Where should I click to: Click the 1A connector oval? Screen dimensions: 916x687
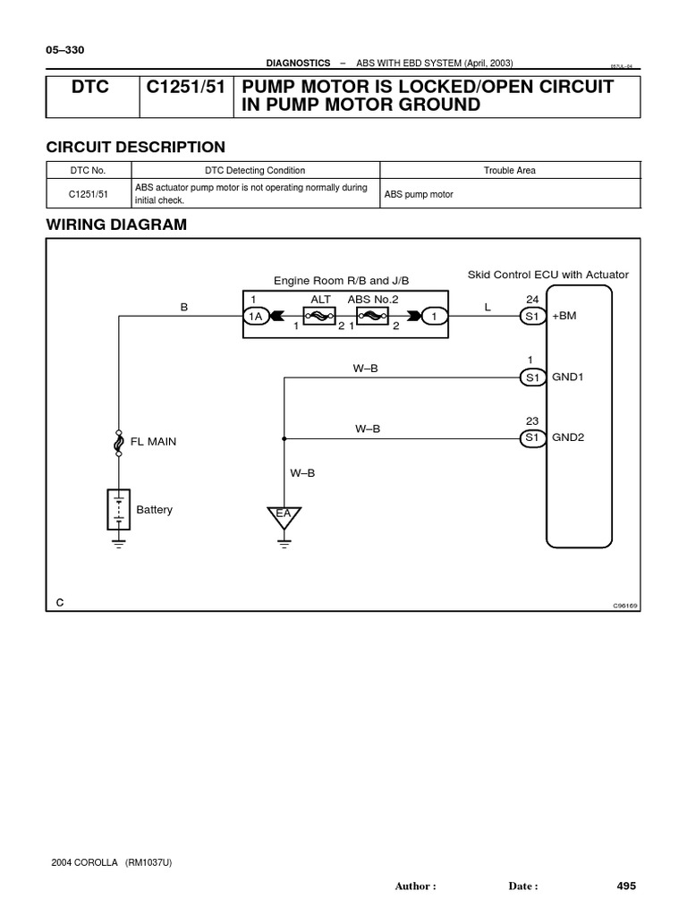[255, 316]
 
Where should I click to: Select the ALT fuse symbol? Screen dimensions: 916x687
[320, 316]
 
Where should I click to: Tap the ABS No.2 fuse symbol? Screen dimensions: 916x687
[370, 316]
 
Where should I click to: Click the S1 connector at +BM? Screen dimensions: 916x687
[533, 316]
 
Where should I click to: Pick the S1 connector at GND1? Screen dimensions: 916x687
[533, 377]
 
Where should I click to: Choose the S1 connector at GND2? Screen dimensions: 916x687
[533, 437]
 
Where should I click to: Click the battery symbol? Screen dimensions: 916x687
[118, 509]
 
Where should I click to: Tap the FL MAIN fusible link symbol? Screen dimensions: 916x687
[118, 443]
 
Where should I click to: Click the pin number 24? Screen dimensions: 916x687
[533, 299]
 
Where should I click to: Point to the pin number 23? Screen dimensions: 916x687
[533, 421]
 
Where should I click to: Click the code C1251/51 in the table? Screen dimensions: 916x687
[89, 193]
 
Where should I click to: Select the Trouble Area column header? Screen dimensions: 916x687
[510, 170]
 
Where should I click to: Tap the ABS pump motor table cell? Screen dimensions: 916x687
[419, 194]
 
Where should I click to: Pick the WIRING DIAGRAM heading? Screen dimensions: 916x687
[116, 225]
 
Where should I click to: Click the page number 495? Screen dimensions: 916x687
[626, 886]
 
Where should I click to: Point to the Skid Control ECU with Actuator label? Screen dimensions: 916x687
[548, 275]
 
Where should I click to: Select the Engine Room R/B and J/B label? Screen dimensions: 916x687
[341, 280]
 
